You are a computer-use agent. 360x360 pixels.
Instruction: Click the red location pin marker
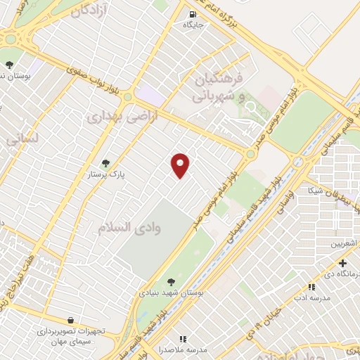[181, 165]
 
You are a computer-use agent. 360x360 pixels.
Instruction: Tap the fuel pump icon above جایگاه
[193, 13]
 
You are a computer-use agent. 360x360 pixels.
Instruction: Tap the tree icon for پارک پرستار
[106, 163]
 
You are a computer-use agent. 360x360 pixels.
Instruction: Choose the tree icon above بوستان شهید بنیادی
[172, 282]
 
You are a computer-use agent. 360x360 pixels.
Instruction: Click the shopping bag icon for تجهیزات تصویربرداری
[70, 320]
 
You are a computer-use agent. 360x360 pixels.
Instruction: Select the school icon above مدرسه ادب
[311, 287]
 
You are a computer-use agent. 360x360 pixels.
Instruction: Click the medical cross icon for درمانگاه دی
[342, 263]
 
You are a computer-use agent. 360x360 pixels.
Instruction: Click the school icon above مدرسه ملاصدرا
[184, 339]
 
